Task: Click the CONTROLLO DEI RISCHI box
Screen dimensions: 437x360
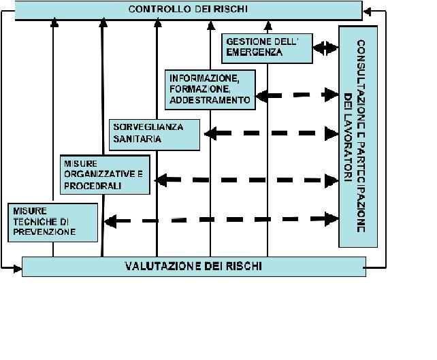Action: click(x=189, y=10)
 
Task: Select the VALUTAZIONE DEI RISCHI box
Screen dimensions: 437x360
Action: click(x=194, y=267)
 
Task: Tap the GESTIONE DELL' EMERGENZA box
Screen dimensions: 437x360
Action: click(x=267, y=48)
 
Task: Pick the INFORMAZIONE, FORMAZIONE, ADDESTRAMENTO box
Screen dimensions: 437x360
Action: click(x=210, y=90)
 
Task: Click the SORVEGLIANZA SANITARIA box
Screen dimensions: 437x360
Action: click(x=155, y=135)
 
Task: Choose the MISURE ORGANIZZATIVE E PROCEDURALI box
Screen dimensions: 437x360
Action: click(x=105, y=175)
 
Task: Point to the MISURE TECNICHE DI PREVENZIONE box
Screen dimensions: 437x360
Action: click(x=53, y=223)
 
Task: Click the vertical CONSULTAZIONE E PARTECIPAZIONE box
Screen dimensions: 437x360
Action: click(x=358, y=137)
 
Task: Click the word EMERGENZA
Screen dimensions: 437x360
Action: click(x=254, y=52)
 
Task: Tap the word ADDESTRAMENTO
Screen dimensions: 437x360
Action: click(x=210, y=100)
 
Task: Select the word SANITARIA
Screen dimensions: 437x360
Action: click(x=137, y=139)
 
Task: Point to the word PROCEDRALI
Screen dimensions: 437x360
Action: click(x=93, y=186)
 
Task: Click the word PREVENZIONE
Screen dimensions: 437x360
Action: click(x=44, y=232)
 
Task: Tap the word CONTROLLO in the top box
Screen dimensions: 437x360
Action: click(x=159, y=10)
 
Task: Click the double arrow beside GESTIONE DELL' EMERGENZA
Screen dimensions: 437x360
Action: click(x=326, y=48)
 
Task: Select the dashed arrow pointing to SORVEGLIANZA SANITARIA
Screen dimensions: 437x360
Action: click(x=272, y=133)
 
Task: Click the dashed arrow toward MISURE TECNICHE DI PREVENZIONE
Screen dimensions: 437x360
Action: click(x=221, y=220)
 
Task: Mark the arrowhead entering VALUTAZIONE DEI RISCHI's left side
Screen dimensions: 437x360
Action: click(x=18, y=269)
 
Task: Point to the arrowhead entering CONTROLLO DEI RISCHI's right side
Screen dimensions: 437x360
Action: click(x=367, y=12)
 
